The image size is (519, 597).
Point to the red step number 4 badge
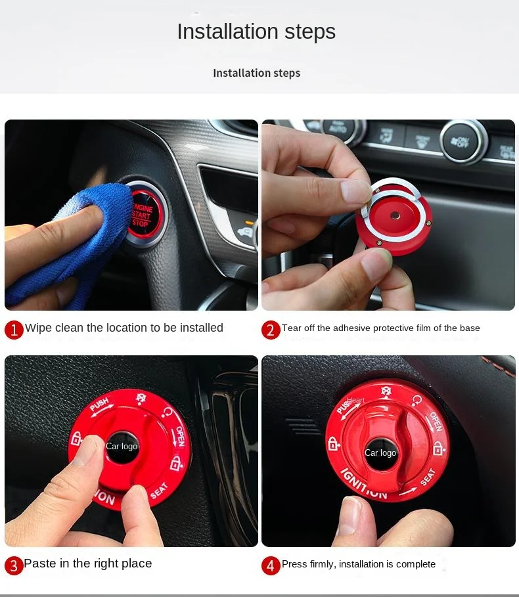point(271,565)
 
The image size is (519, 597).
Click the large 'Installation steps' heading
point(256,32)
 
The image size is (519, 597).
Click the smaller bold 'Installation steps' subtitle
point(256,73)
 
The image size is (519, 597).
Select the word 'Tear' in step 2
point(292,328)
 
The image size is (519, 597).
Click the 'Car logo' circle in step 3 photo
point(122,447)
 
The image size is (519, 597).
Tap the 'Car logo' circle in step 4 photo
point(380,453)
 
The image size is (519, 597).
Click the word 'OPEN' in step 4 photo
point(436,422)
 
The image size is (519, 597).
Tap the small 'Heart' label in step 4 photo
point(355,400)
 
